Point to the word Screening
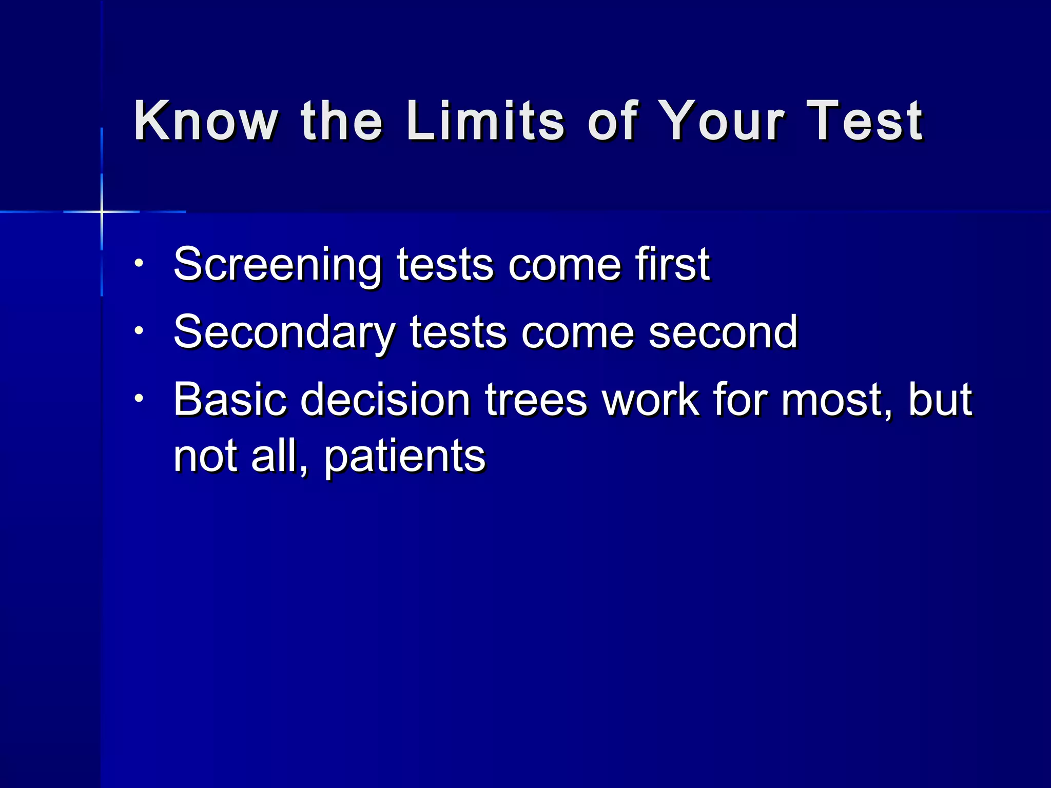tap(278, 265)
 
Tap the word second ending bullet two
tap(723, 332)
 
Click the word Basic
tap(229, 400)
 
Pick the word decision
tap(385, 400)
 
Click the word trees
tap(536, 400)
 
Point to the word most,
tap(837, 400)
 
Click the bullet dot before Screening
tap(139, 264)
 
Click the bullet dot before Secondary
tap(139, 331)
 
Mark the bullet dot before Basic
tap(139, 398)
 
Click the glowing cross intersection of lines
tap(102, 211)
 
